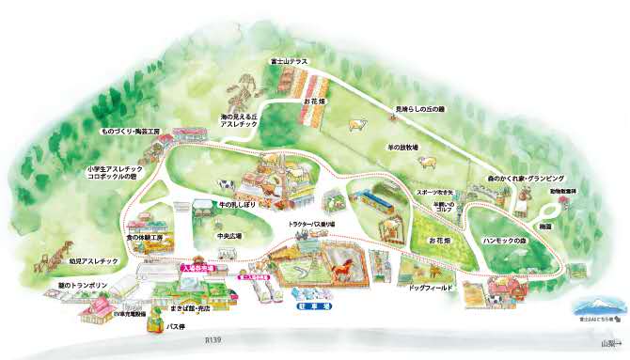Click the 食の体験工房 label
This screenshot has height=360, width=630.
click(x=145, y=239)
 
